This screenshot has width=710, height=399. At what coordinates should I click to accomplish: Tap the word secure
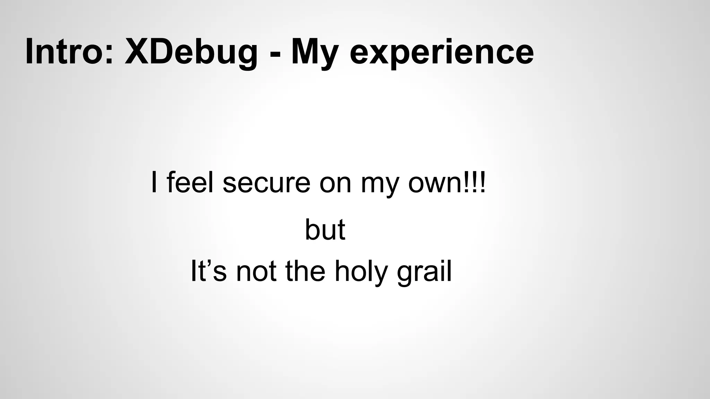click(266, 183)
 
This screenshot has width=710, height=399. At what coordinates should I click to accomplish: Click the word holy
click(361, 272)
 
